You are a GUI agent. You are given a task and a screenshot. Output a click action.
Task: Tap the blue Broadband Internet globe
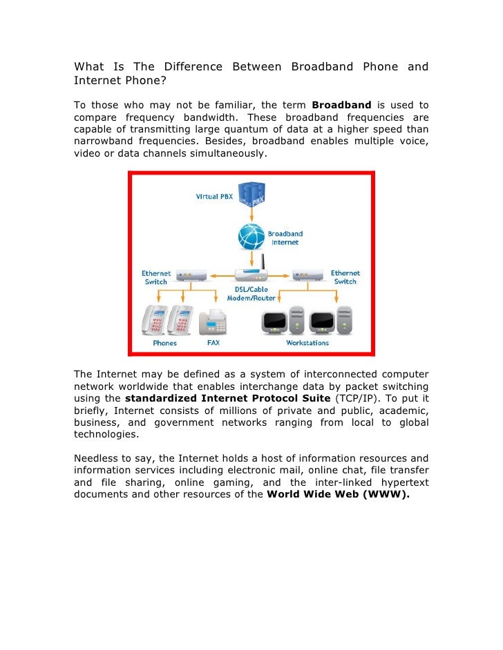click(251, 237)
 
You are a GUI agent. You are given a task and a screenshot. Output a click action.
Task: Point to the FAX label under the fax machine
click(213, 343)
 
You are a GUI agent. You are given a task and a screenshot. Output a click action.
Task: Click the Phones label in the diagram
click(164, 343)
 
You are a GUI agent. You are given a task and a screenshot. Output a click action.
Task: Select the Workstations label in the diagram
click(307, 343)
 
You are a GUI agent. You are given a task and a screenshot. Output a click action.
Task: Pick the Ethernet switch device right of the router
click(307, 273)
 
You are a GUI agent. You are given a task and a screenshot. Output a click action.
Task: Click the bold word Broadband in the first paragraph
click(341, 105)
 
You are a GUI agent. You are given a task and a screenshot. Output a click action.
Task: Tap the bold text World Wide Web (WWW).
click(339, 494)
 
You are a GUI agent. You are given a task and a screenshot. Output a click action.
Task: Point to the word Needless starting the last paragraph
click(98, 458)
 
